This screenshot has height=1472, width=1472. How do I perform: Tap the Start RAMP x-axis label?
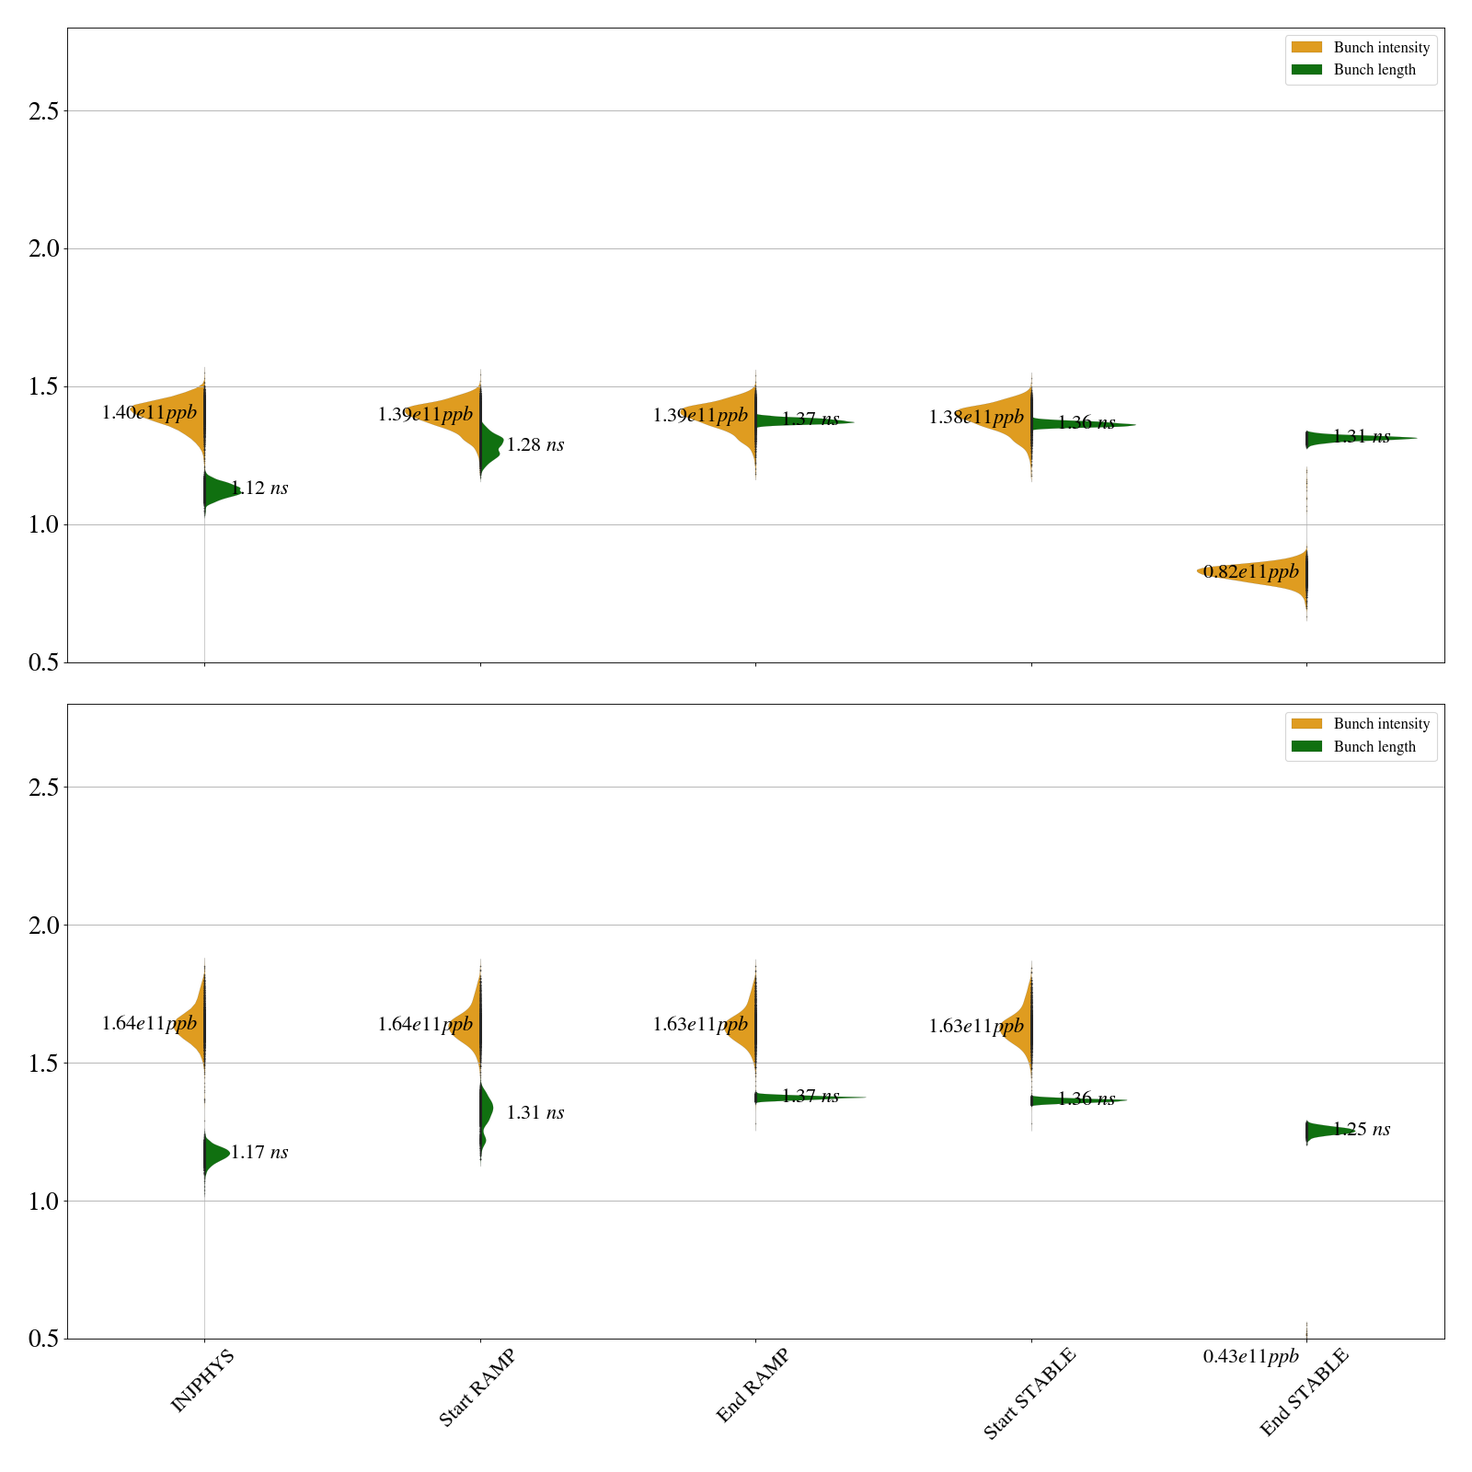pyautogui.click(x=477, y=1387)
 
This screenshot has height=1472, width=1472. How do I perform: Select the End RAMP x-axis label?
pyautogui.click(x=753, y=1386)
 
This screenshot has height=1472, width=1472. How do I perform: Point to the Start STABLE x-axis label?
pyautogui.click(x=1029, y=1394)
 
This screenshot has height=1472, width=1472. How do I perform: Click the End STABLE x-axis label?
pyautogui.click(x=1304, y=1392)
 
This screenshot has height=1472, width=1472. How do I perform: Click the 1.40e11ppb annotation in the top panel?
pyautogui.click(x=149, y=413)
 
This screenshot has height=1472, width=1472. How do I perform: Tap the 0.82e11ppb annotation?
pyautogui.click(x=1251, y=572)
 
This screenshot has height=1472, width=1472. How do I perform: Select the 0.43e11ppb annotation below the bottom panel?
pyautogui.click(x=1251, y=1356)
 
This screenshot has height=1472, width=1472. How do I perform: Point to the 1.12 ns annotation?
pyautogui.click(x=259, y=489)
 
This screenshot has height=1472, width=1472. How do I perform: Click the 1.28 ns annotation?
pyautogui.click(x=535, y=445)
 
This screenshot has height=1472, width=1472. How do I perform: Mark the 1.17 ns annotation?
pyautogui.click(x=259, y=1153)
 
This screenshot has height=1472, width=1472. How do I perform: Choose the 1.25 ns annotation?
pyautogui.click(x=1362, y=1130)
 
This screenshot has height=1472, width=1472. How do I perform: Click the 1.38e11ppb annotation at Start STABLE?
pyautogui.click(x=976, y=418)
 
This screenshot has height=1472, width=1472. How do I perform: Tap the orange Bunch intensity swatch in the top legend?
pyautogui.click(x=1306, y=47)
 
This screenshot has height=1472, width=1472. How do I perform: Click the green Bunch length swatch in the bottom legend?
pyautogui.click(x=1306, y=746)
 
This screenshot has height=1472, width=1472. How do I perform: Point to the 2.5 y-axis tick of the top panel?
pyautogui.click(x=43, y=111)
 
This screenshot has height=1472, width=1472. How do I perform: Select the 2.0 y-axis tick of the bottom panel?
pyautogui.click(x=43, y=926)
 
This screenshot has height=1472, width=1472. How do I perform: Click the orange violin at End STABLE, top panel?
pyautogui.click(x=1270, y=572)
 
